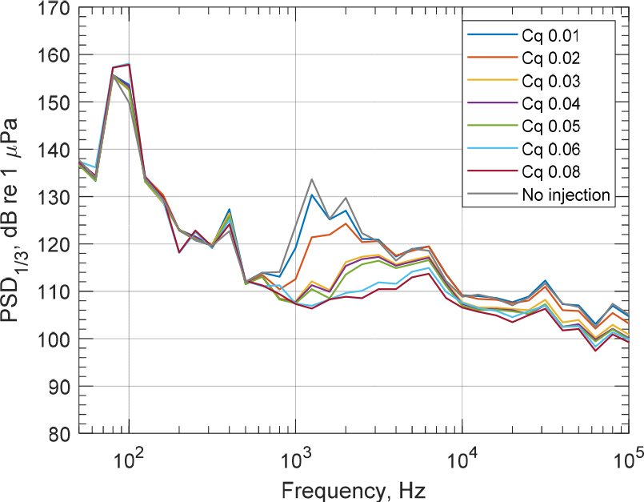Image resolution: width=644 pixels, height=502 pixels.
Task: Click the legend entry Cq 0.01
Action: click(551, 36)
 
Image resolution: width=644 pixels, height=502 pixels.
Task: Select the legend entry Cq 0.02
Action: click(551, 58)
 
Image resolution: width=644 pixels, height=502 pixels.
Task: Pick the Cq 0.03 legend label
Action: click(551, 81)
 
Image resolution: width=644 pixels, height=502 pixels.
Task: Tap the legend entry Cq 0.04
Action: click(551, 103)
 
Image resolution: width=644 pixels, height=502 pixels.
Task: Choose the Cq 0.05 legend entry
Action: click(551, 126)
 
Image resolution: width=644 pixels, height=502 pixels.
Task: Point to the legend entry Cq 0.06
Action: click(551, 149)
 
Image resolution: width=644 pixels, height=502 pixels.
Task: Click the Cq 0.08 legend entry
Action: click(551, 171)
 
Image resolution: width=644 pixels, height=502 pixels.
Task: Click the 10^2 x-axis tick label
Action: click(128, 460)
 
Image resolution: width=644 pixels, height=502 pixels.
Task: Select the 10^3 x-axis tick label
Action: click(295, 460)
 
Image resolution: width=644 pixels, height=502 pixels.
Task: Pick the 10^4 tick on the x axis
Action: click(462, 460)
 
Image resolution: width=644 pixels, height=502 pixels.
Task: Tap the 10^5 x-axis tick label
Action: click(628, 460)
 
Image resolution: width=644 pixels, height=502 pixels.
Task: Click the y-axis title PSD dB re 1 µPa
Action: click(16, 220)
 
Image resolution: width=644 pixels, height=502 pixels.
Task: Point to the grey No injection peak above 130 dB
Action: click(311, 179)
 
